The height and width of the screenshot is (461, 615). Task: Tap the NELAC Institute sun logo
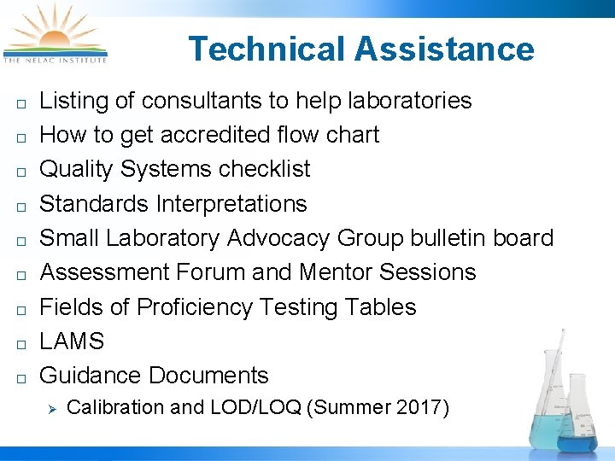(55, 34)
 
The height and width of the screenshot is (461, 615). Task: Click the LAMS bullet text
(73, 341)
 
